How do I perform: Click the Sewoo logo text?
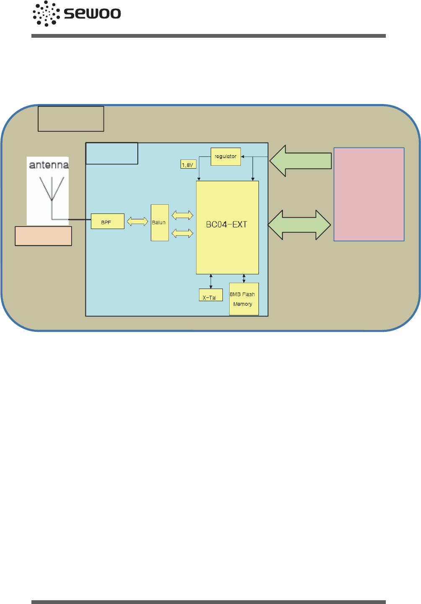coord(93,13)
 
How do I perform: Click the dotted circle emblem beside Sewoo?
coord(46,13)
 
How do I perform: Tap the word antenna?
coord(49,165)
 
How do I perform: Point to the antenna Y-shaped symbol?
coord(52,191)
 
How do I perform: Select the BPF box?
coord(107,221)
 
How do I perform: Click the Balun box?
coord(160,223)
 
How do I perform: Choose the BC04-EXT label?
coord(227,224)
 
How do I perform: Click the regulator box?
coord(225,156)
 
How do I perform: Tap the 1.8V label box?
coord(188,164)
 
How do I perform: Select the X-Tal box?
coord(210,295)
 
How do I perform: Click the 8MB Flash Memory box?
coord(243,299)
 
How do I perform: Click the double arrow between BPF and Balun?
coord(137,221)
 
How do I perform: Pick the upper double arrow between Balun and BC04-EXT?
coord(182,215)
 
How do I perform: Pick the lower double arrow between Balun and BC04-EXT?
coord(182,233)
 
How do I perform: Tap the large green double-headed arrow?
coord(299,225)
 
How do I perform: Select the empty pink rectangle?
coord(369,194)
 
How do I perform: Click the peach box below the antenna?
coord(43,236)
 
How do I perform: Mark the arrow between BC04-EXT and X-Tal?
coord(211,281)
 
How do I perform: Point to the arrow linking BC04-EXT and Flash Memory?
coord(244,279)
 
